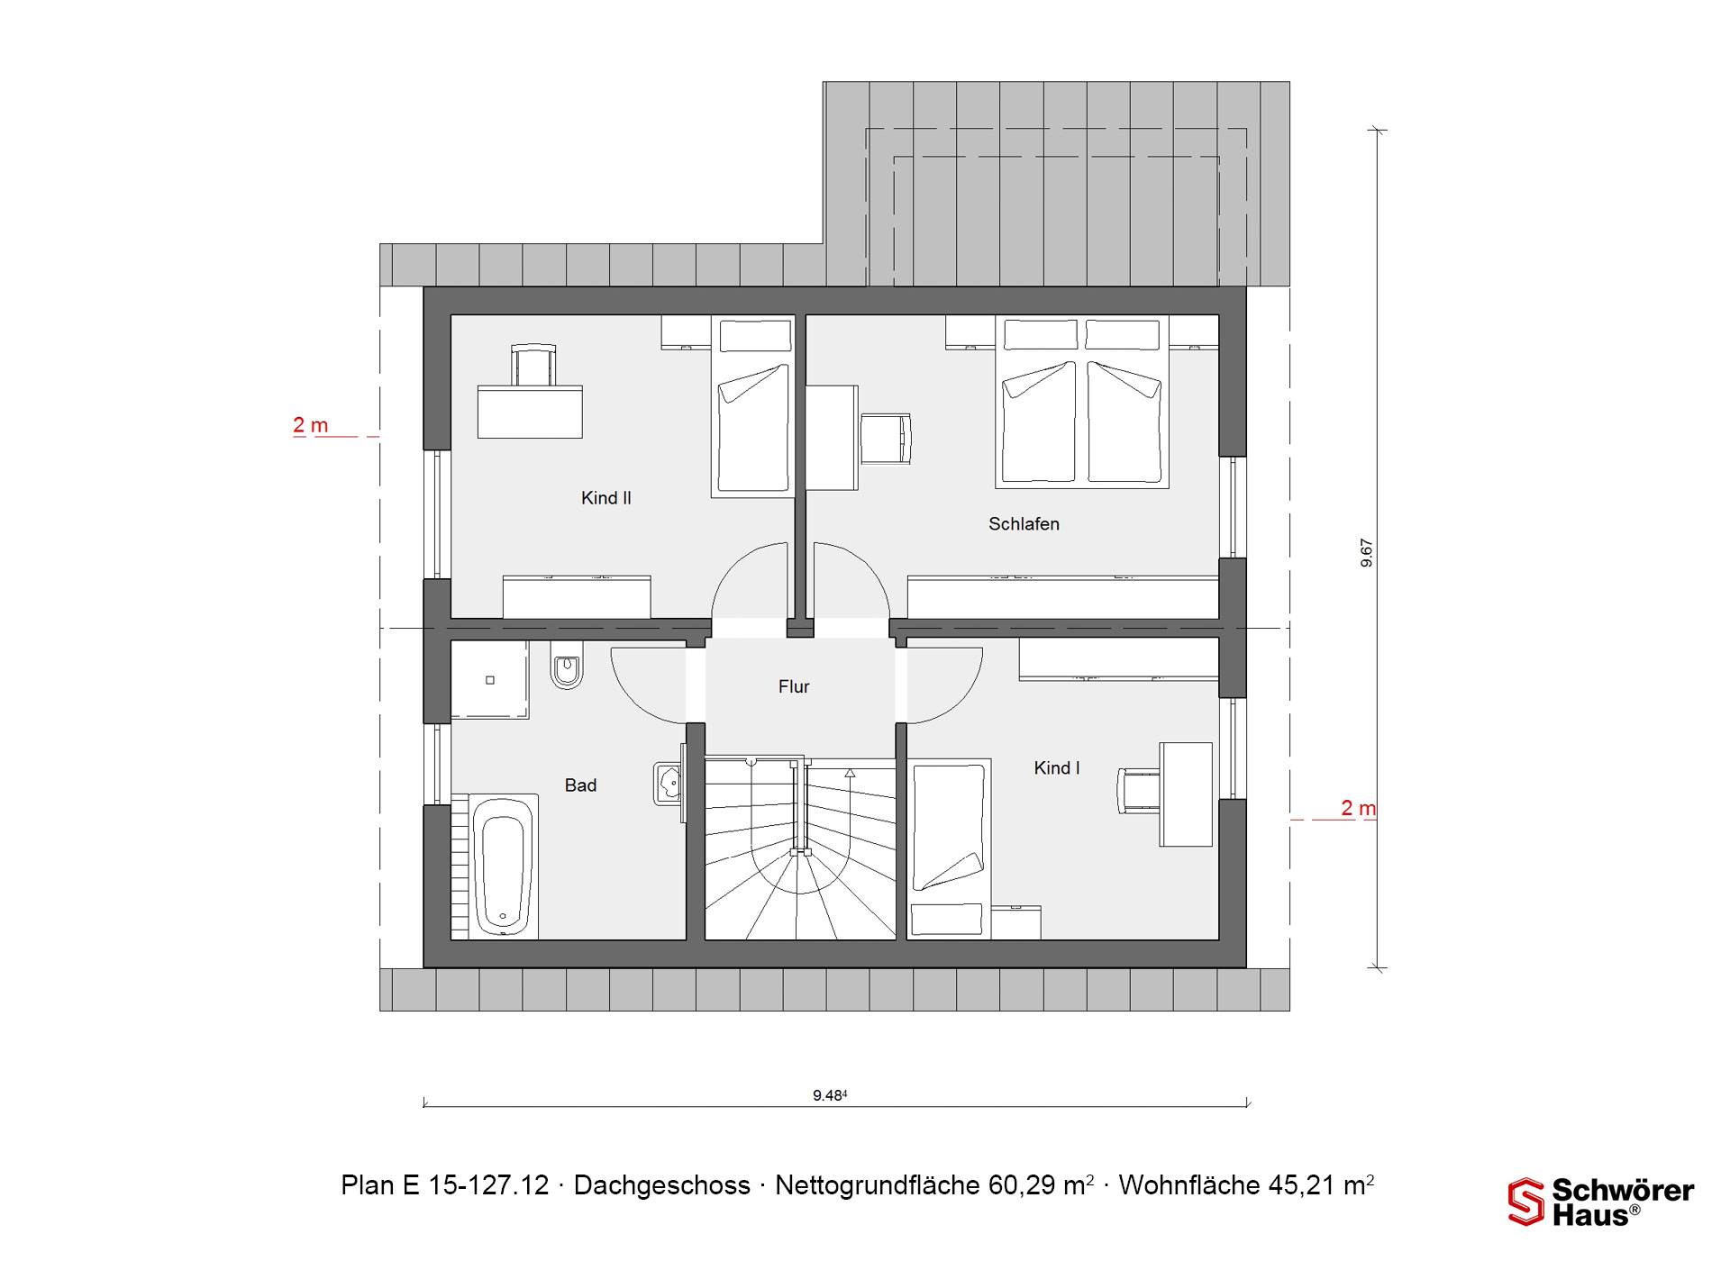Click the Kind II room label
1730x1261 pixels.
pos(605,498)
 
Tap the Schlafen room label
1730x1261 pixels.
pos(1024,524)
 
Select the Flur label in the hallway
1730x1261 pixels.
pos(794,686)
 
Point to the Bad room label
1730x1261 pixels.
pos(580,785)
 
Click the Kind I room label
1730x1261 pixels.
pos(1056,768)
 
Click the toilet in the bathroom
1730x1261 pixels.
pos(567,666)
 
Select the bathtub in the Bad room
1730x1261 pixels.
pos(503,866)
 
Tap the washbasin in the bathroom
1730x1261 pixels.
pos(669,783)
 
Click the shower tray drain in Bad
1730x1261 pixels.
pos(490,680)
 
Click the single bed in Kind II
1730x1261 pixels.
pos(753,405)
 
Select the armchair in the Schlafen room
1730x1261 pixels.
pos(886,439)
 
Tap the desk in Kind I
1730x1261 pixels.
pos(1186,794)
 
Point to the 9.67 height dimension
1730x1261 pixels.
pos(1366,552)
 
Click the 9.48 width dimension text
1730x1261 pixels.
pos(830,1095)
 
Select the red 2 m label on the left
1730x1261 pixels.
pos(311,425)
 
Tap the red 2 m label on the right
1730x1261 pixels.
pos(1358,808)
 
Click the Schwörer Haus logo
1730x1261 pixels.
pos(1601,1202)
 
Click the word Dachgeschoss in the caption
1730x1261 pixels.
pos(661,1185)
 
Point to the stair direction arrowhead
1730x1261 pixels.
pos(850,773)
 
